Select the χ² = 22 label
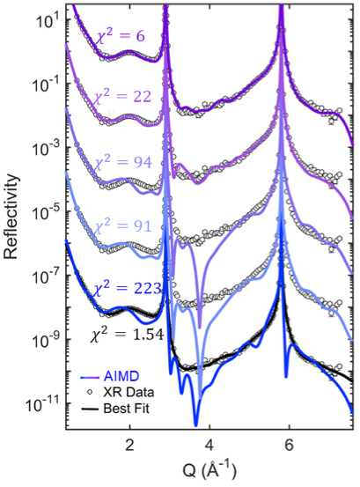[x=122, y=96]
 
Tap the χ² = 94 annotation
[x=123, y=162]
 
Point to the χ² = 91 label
[x=122, y=226]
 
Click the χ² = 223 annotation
[x=128, y=288]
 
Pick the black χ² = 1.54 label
[x=127, y=335]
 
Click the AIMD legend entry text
[x=121, y=376]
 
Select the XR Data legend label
[x=129, y=392]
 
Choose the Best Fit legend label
[x=127, y=408]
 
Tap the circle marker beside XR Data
[x=90, y=392]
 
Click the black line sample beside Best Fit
[x=90, y=409]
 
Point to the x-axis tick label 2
[x=129, y=445]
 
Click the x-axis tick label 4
[x=209, y=445]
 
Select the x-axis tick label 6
[x=290, y=445]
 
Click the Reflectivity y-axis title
[x=11, y=217]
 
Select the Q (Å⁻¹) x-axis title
[x=209, y=470]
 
